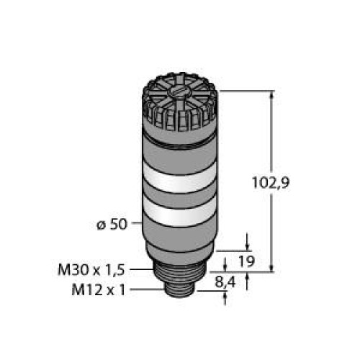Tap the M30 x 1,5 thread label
pos(91,270)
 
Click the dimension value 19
pos(246,262)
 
